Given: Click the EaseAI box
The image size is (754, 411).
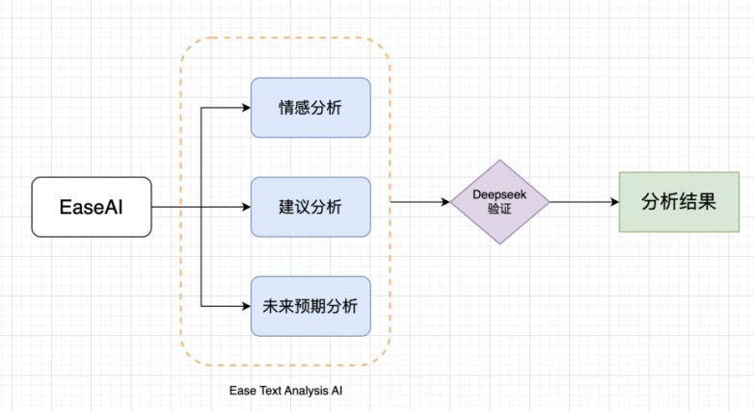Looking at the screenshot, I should click(x=92, y=207).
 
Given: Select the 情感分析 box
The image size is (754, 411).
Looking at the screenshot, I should click(x=310, y=107).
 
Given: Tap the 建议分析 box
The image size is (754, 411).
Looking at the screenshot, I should click(x=310, y=207).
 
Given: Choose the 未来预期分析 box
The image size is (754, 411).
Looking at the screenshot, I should click(x=310, y=306).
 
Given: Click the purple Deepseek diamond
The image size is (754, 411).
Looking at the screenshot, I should click(x=499, y=202).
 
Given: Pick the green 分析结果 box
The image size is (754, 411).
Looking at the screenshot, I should click(x=678, y=202).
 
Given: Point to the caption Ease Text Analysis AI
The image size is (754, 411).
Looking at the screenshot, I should click(x=285, y=391).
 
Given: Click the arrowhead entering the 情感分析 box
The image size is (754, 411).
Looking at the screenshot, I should click(x=245, y=107).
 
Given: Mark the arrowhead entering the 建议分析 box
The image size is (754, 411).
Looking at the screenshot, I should click(x=245, y=207).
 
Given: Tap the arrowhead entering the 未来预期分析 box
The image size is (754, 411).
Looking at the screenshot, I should click(x=245, y=306).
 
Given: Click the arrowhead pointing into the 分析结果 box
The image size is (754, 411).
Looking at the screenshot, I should click(x=613, y=202).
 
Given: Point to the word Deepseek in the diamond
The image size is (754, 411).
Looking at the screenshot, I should click(x=499, y=194).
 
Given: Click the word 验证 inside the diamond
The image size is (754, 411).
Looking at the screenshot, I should click(x=499, y=209).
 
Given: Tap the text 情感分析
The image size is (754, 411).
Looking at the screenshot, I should click(x=310, y=107).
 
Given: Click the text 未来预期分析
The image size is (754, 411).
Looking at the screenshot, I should click(x=310, y=306).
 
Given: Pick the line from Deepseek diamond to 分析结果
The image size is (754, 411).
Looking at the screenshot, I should click(x=579, y=202).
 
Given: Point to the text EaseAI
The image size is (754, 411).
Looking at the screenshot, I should click(x=92, y=207).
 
